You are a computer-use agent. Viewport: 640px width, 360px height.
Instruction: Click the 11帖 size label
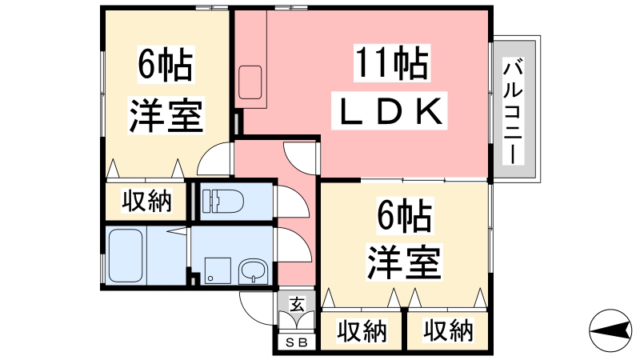tap(391, 63)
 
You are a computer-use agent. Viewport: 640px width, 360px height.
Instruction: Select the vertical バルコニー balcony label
tap(513, 110)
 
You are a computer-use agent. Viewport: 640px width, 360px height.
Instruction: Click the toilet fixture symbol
tap(222, 201)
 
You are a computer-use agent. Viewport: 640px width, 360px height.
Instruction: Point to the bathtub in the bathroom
tap(126, 255)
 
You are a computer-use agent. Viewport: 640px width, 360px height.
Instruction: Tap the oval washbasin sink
tap(253, 270)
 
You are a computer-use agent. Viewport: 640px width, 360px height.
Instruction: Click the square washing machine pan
tap(218, 270)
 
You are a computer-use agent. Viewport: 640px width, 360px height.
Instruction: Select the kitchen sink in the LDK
tap(250, 82)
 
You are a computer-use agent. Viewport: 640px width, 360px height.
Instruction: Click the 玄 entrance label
tap(297, 305)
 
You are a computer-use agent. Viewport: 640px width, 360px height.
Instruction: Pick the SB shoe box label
tap(296, 342)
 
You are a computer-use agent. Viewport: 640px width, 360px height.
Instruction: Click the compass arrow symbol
tap(610, 330)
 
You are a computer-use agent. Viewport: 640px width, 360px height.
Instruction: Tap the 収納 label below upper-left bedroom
tap(146, 201)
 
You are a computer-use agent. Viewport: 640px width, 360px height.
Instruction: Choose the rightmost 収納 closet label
tap(448, 330)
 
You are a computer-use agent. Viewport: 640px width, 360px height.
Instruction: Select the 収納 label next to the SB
tap(362, 331)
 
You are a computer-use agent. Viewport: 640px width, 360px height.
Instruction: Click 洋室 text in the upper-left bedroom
tap(166, 115)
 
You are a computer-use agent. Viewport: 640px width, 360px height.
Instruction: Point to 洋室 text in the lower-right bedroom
tap(404, 262)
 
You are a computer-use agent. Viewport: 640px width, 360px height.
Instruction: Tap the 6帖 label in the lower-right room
tap(404, 215)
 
